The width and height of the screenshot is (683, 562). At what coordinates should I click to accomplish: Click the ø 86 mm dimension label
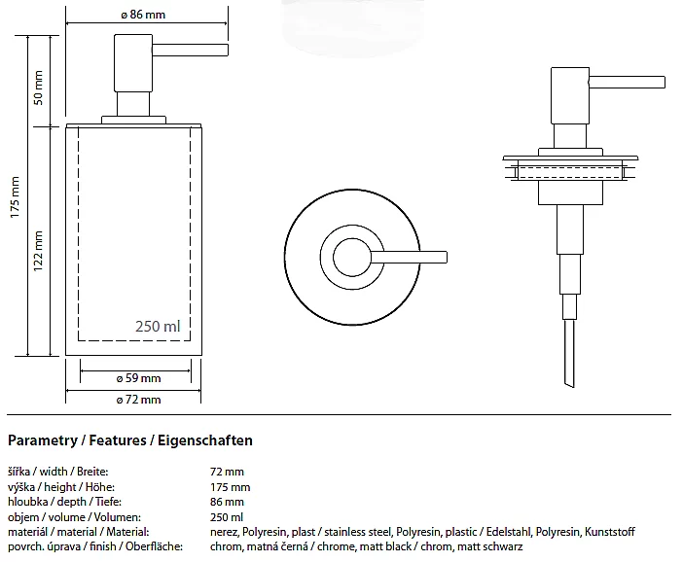coord(143,15)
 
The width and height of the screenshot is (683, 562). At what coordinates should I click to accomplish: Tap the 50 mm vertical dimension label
coord(38,88)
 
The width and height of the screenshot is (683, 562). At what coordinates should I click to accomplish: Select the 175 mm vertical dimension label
coord(15,197)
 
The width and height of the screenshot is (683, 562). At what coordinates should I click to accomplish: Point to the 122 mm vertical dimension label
coord(38,251)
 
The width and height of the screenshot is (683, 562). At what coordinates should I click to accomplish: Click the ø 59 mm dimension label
coord(138,378)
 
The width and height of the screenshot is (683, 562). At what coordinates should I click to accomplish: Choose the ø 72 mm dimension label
coord(138,400)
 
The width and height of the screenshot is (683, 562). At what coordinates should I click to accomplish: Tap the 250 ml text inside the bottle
coord(158,326)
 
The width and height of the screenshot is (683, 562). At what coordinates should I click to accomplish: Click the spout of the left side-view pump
coord(190,50)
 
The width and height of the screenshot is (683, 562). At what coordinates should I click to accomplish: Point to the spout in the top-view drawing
coord(409,258)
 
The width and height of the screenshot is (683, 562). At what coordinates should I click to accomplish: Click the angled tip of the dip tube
coord(569,384)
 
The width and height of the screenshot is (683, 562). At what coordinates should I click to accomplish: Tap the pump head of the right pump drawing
coord(570,95)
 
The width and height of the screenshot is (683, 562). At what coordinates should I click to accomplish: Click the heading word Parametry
coord(43,440)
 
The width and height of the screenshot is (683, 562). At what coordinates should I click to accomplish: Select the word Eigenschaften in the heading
coord(205,440)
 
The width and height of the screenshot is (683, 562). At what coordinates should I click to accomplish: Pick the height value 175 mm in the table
coord(230,487)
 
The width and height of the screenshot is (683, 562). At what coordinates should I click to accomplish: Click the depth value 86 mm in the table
coord(227,502)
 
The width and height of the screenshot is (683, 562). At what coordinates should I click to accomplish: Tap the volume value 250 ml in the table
coord(227,517)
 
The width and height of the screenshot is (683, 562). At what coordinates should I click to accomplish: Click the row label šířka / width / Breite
coord(58,472)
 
